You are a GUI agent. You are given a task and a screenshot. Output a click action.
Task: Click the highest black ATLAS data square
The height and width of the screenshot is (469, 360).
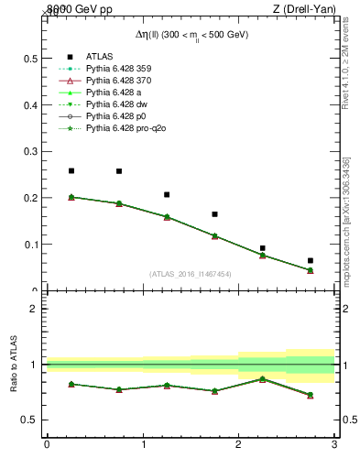[71, 170]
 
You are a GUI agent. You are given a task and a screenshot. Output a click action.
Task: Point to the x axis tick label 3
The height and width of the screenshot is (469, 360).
[334, 445]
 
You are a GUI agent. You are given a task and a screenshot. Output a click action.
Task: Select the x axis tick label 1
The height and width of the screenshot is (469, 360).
[143, 445]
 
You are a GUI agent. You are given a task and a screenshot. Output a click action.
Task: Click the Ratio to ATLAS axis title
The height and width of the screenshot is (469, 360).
[14, 365]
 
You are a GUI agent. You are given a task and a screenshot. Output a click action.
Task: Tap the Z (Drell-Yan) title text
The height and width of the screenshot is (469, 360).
[310, 8]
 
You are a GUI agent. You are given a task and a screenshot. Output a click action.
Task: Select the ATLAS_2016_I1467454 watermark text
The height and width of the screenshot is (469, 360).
[191, 273]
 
